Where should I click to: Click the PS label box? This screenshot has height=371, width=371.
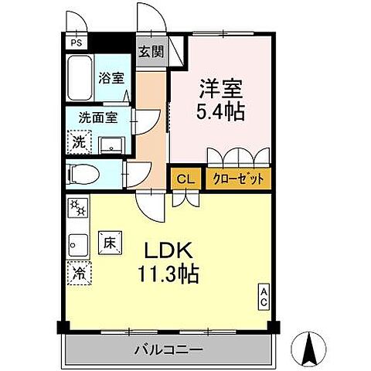(x=75, y=43)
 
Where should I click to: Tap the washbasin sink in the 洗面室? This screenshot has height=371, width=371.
(x=109, y=144)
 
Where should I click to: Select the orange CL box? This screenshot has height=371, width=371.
(x=185, y=179)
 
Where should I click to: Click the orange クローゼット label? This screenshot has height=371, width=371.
(x=238, y=179)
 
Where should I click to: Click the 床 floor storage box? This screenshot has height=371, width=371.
(x=109, y=242)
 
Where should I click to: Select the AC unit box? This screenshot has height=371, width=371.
(x=264, y=295)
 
